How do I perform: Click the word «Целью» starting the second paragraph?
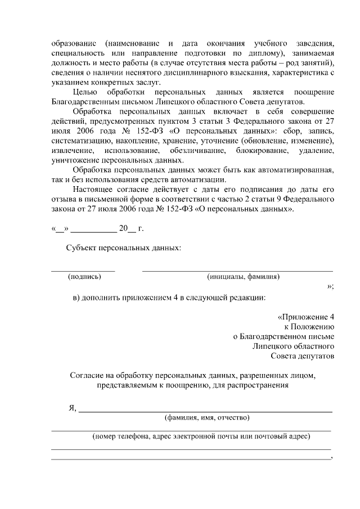[x=86, y=92]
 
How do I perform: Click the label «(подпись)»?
[x=84, y=277]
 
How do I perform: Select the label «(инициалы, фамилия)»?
[x=244, y=277]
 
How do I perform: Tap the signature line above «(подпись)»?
[x=83, y=271]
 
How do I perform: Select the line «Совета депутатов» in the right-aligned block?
[x=302, y=356]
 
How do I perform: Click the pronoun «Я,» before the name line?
[x=72, y=408]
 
